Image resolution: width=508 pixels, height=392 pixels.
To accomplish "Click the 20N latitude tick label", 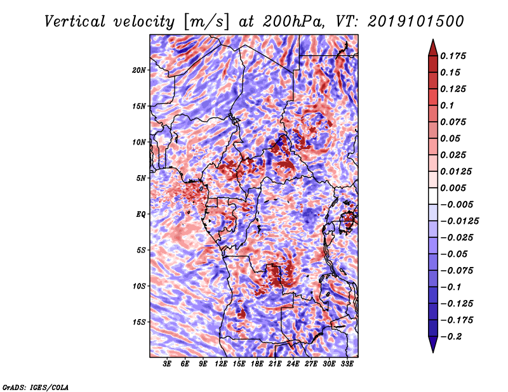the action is (x=139, y=70).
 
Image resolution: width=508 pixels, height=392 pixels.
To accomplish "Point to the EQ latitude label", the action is (x=141, y=214).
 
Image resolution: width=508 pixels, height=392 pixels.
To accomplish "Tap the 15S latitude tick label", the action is (x=139, y=322).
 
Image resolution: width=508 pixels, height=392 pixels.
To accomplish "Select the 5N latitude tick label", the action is (x=141, y=178).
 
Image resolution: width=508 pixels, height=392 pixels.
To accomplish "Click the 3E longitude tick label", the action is (x=167, y=364).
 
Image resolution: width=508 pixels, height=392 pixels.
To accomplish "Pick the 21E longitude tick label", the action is (x=275, y=364).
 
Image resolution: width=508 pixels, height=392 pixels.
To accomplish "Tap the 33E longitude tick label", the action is (x=347, y=364).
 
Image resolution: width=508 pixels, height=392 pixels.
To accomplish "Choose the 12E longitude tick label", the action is (x=221, y=364).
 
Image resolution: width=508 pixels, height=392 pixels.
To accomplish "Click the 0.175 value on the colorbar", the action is (x=453, y=56).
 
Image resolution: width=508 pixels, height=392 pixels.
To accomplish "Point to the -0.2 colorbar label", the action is (x=451, y=337).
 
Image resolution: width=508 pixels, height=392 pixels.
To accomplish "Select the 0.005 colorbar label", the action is (x=453, y=188).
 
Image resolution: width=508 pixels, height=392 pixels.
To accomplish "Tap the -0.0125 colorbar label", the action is (x=459, y=221).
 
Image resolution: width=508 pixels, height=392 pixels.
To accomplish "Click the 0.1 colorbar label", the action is (x=447, y=105).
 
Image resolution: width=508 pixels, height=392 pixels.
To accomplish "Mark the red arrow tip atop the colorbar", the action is (x=433, y=40).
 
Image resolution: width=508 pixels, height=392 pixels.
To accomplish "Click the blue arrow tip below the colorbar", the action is (x=433, y=352).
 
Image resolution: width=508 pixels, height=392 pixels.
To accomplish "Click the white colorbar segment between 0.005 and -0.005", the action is (x=433, y=196).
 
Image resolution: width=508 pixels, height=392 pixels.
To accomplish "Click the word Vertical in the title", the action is (x=75, y=22).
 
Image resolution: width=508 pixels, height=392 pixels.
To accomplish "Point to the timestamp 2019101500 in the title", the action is (x=416, y=22).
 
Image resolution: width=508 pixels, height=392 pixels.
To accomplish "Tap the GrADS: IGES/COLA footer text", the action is (x=36, y=387).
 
